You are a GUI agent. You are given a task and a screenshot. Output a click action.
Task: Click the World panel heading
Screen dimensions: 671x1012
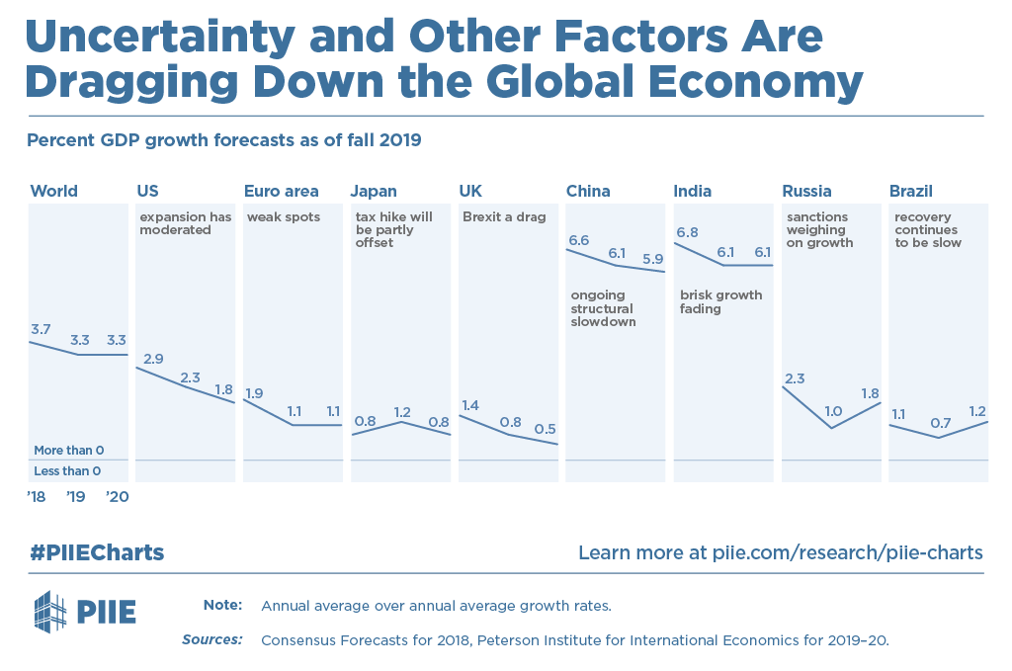pos(54,191)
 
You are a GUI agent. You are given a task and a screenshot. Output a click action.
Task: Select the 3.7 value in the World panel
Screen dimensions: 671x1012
pos(41,328)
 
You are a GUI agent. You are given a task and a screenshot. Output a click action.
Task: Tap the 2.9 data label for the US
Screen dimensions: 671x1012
pos(153,359)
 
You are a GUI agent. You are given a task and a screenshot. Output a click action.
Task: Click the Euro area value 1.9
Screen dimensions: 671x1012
pos(254,393)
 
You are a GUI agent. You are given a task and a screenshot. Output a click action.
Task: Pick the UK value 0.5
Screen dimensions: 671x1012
pos(545,429)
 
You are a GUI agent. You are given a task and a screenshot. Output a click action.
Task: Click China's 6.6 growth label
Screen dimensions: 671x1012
pos(578,240)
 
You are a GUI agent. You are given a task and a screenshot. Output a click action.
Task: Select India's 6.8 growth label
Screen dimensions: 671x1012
pos(687,233)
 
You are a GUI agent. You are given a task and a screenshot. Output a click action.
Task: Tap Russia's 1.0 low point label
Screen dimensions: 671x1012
pos(832,411)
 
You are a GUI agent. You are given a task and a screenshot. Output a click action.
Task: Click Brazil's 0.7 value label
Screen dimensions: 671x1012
pos(940,423)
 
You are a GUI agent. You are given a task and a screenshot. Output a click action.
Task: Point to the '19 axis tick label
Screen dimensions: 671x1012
pos(76,497)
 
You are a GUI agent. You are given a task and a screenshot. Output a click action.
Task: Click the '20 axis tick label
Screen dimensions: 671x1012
pos(117,497)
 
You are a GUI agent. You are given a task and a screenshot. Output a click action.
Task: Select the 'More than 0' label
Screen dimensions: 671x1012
pos(69,451)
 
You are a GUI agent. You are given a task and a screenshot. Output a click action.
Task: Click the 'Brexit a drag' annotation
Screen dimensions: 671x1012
pos(504,217)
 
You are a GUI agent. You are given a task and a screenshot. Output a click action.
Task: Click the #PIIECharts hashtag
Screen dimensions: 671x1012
pos(96,552)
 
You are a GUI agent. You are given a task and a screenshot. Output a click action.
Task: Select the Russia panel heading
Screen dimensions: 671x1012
pos(806,191)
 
